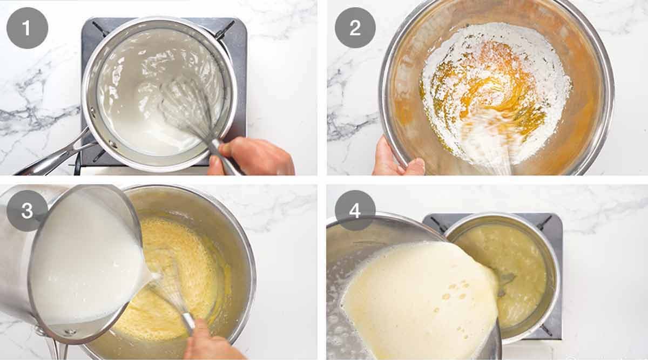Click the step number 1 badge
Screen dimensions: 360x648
click(27, 28)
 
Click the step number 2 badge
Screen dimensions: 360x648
click(355, 28)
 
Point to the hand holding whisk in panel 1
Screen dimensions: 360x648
click(254, 157)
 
